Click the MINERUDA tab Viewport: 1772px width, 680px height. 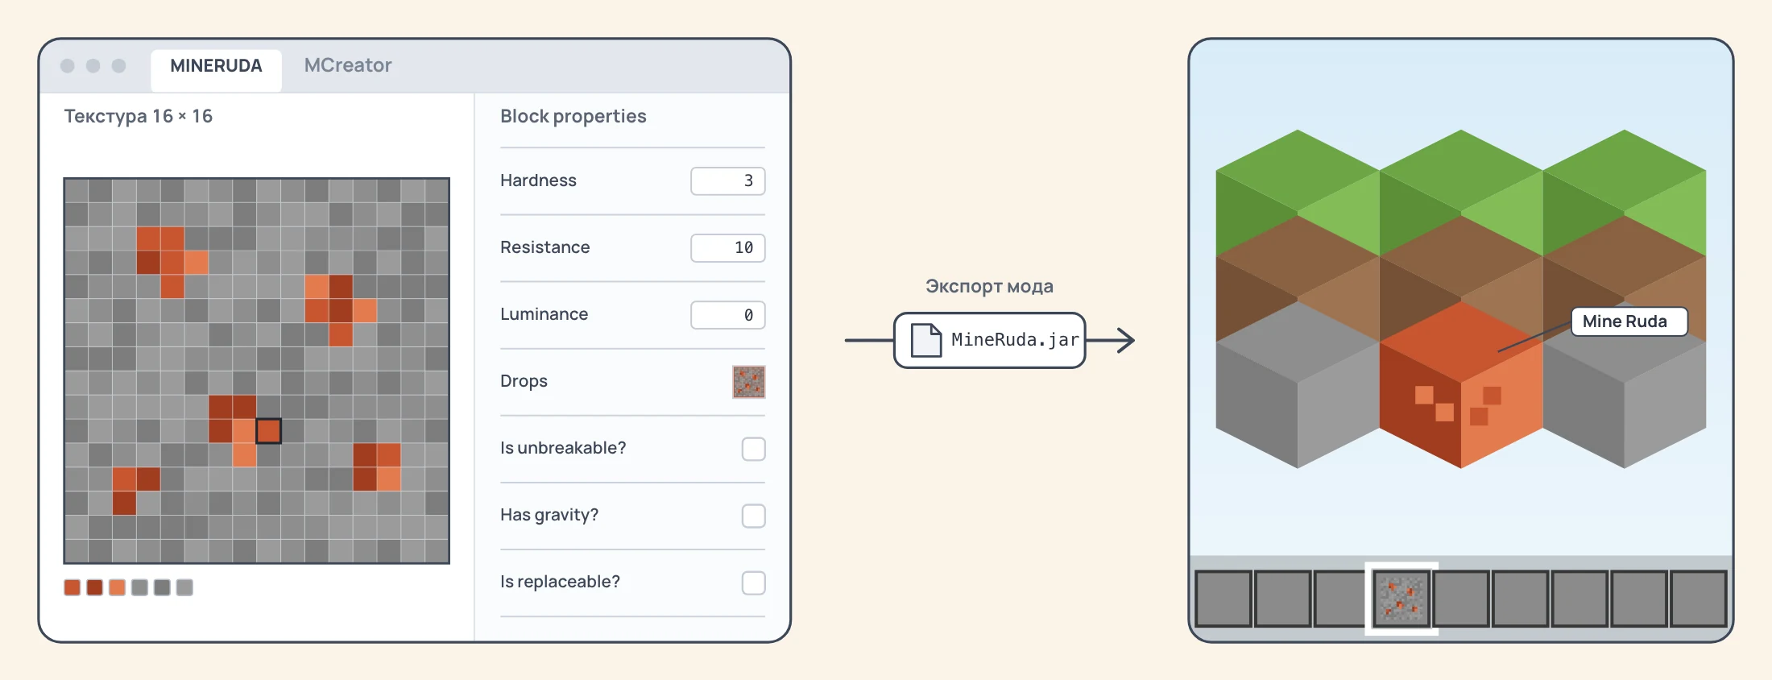click(216, 67)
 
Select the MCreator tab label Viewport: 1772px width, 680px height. click(348, 65)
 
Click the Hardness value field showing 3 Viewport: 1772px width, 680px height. click(727, 181)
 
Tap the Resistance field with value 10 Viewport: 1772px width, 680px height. click(727, 248)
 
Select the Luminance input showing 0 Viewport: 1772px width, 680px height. click(727, 315)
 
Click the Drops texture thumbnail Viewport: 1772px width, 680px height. click(749, 382)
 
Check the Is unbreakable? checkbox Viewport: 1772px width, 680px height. click(754, 449)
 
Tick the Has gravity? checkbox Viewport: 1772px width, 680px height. click(754, 516)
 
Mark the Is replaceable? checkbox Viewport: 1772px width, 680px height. click(754, 583)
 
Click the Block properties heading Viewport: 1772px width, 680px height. click(573, 117)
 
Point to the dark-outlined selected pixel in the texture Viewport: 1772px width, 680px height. click(268, 431)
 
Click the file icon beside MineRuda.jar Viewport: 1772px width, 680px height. click(925, 340)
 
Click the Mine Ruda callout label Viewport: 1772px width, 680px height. click(1625, 321)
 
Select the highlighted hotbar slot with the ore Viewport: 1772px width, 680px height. click(1401, 599)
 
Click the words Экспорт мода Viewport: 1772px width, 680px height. click(989, 287)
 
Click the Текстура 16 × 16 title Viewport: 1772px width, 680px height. click(139, 117)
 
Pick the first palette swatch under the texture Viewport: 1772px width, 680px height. click(72, 587)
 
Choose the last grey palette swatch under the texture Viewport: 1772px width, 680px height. click(185, 587)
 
